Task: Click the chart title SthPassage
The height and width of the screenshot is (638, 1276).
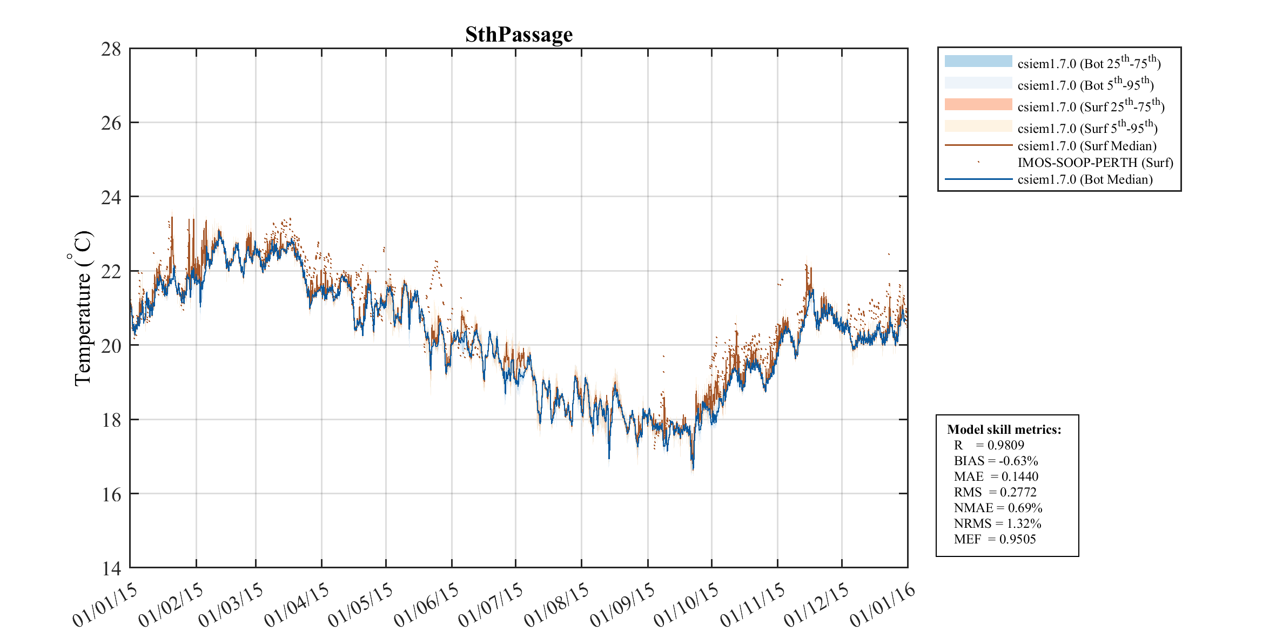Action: coord(519,35)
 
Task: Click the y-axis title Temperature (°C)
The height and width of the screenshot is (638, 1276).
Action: coord(82,308)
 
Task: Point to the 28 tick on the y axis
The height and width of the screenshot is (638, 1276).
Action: coord(111,49)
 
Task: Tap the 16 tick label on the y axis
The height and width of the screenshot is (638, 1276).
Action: coord(111,494)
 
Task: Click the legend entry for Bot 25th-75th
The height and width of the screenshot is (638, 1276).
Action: coord(1089,63)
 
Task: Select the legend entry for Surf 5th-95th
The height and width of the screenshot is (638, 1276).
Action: coord(1087,128)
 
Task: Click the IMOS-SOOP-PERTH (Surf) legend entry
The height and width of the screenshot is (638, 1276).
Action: coord(1095,163)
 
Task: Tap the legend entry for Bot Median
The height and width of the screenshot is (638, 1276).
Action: coord(1085,179)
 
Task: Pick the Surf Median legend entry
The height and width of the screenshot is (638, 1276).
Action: coord(1086,146)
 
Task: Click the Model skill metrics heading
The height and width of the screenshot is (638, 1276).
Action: coord(1004,429)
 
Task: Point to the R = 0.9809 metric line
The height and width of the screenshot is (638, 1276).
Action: coord(989,445)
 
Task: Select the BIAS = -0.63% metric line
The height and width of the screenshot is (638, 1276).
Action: coord(996,461)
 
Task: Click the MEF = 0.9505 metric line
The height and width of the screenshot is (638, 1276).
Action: coord(995,539)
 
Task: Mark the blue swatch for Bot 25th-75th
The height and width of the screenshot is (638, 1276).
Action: coord(978,61)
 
